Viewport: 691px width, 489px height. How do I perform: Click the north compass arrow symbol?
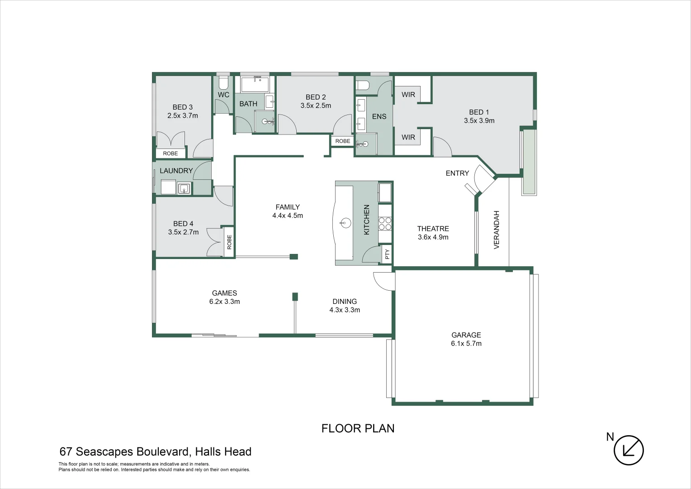629,450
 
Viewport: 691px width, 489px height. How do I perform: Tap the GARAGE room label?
466,335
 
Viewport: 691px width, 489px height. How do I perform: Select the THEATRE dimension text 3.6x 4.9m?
433,237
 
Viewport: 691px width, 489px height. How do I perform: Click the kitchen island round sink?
345,222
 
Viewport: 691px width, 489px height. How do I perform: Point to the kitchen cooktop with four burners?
385,223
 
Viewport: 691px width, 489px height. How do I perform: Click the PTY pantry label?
387,254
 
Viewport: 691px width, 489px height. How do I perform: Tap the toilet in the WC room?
223,83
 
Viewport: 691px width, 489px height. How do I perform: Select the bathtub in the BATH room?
255,85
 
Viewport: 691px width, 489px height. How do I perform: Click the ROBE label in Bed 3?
170,153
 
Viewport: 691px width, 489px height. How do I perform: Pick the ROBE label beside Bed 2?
342,141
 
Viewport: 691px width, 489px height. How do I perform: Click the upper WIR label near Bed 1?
408,95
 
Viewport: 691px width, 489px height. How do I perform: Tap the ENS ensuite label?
379,117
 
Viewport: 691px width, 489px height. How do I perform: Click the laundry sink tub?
184,188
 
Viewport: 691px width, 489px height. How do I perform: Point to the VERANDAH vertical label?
497,230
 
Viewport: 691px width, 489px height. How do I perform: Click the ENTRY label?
457,173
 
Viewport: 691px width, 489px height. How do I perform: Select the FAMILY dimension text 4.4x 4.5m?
288,216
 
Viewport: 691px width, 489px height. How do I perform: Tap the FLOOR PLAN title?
358,428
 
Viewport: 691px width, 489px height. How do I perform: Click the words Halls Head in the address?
223,452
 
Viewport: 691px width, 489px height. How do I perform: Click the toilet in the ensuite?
363,85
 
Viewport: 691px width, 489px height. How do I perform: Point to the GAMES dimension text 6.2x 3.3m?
224,302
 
